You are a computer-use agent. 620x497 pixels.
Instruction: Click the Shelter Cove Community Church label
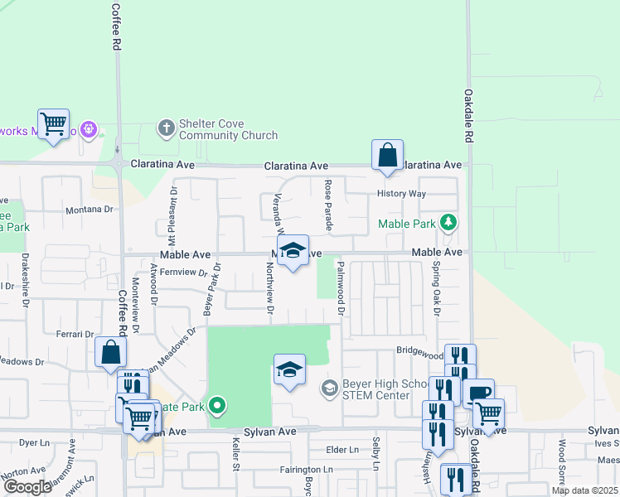228,130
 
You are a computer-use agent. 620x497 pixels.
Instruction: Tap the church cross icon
166,128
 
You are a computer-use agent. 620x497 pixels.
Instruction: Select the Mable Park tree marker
448,222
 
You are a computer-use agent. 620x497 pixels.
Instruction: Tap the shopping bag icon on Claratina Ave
387,155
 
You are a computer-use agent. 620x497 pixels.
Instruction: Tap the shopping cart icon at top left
53,124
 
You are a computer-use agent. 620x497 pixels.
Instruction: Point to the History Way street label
401,194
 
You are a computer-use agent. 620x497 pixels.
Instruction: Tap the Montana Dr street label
89,210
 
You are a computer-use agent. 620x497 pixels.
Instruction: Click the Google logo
27,487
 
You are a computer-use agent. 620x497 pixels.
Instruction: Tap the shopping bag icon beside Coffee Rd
110,352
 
